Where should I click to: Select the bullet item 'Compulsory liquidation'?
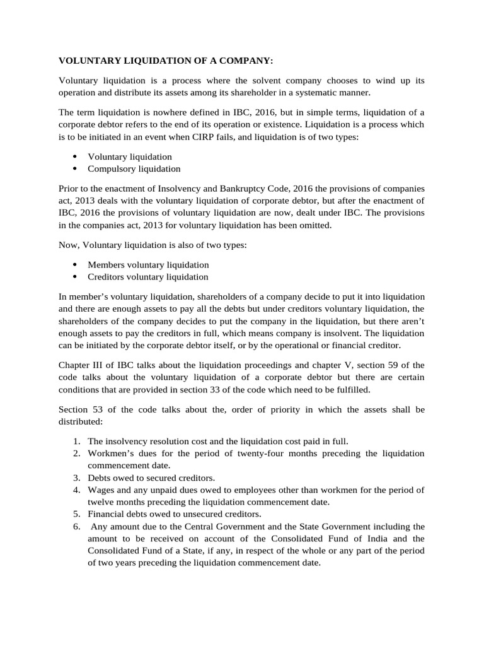click(134, 168)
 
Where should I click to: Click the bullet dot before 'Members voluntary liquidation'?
click(75, 264)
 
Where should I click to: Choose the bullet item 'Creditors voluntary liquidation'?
click(148, 277)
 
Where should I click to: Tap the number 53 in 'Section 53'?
click(99, 409)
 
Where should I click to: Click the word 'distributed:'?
click(79, 421)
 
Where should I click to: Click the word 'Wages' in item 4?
click(101, 490)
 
